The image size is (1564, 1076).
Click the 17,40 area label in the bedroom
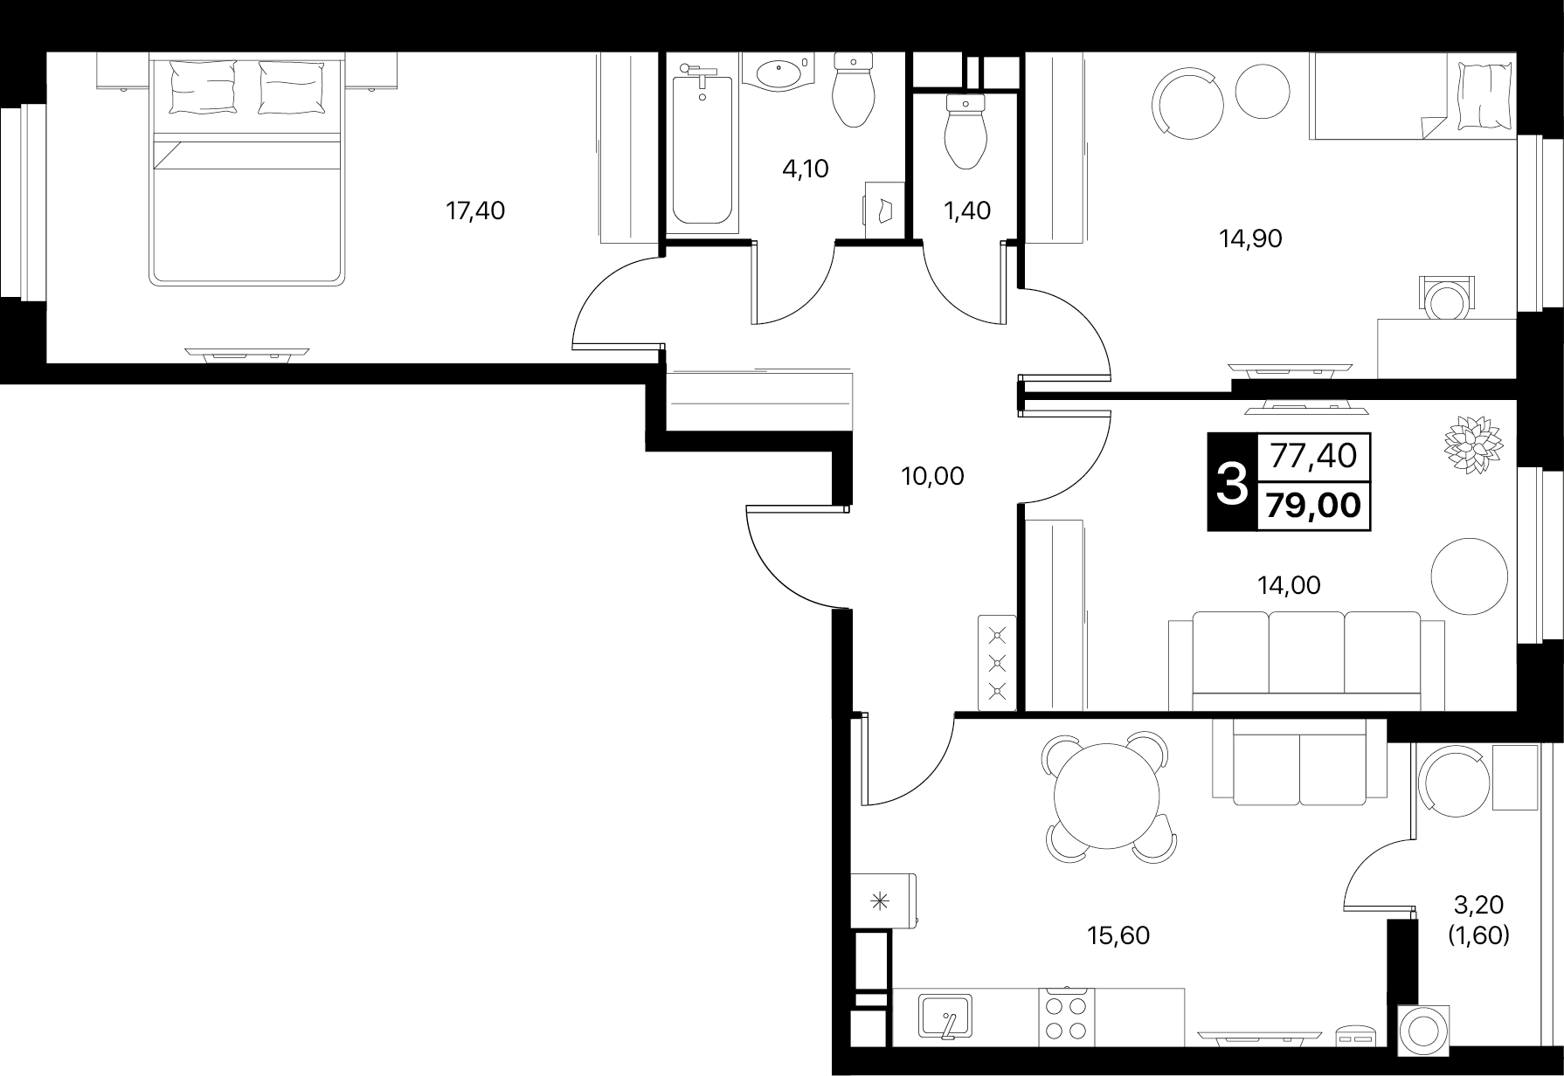click(x=475, y=210)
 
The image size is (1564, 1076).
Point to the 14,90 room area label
click(x=1250, y=238)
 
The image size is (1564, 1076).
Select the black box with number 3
click(x=1232, y=482)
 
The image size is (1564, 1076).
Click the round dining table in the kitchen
click(x=1106, y=796)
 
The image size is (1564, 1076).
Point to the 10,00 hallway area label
click(x=932, y=476)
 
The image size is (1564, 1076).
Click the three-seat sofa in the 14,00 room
click(x=1306, y=660)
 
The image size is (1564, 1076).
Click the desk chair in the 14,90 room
click(x=1445, y=300)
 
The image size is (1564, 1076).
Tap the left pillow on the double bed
click(x=204, y=86)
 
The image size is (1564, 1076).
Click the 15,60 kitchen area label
click(x=1118, y=936)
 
